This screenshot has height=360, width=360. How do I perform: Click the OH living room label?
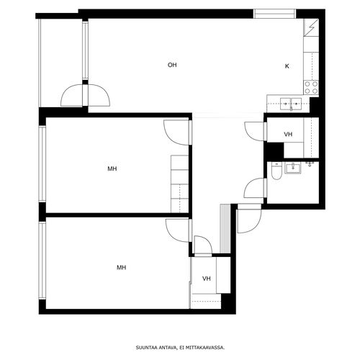(172, 65)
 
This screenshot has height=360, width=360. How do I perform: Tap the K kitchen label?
(287, 66)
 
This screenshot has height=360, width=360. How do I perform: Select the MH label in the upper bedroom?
(112, 168)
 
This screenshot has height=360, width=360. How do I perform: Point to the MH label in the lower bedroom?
(122, 267)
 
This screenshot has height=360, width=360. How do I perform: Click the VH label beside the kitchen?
(288, 135)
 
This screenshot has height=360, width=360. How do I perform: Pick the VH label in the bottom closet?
(207, 279)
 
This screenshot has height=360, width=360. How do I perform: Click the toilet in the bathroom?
(276, 171)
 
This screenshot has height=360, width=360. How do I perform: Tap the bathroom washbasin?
(292, 168)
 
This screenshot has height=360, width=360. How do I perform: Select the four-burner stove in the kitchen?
(311, 87)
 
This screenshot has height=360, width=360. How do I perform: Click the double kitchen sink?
(291, 104)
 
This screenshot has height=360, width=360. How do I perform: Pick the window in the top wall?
(274, 14)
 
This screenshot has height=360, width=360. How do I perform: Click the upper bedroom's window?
(42, 163)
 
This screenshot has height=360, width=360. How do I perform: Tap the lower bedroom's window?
(42, 260)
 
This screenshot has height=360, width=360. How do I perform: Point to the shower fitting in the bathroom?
(310, 164)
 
